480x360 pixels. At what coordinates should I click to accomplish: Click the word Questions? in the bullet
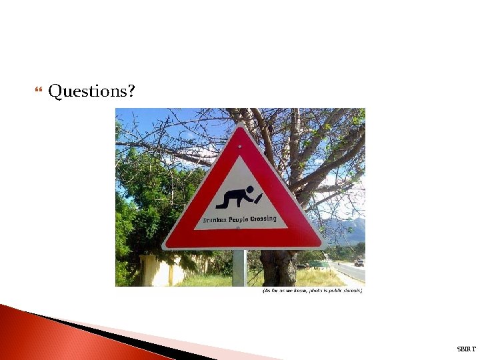[x=91, y=91]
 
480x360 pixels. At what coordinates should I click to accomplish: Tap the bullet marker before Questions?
[x=37, y=90]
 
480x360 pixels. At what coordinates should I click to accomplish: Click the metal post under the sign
[x=239, y=268]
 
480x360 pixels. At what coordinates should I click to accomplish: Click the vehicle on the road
[x=359, y=263]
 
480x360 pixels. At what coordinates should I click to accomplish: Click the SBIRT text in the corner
[x=467, y=349]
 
